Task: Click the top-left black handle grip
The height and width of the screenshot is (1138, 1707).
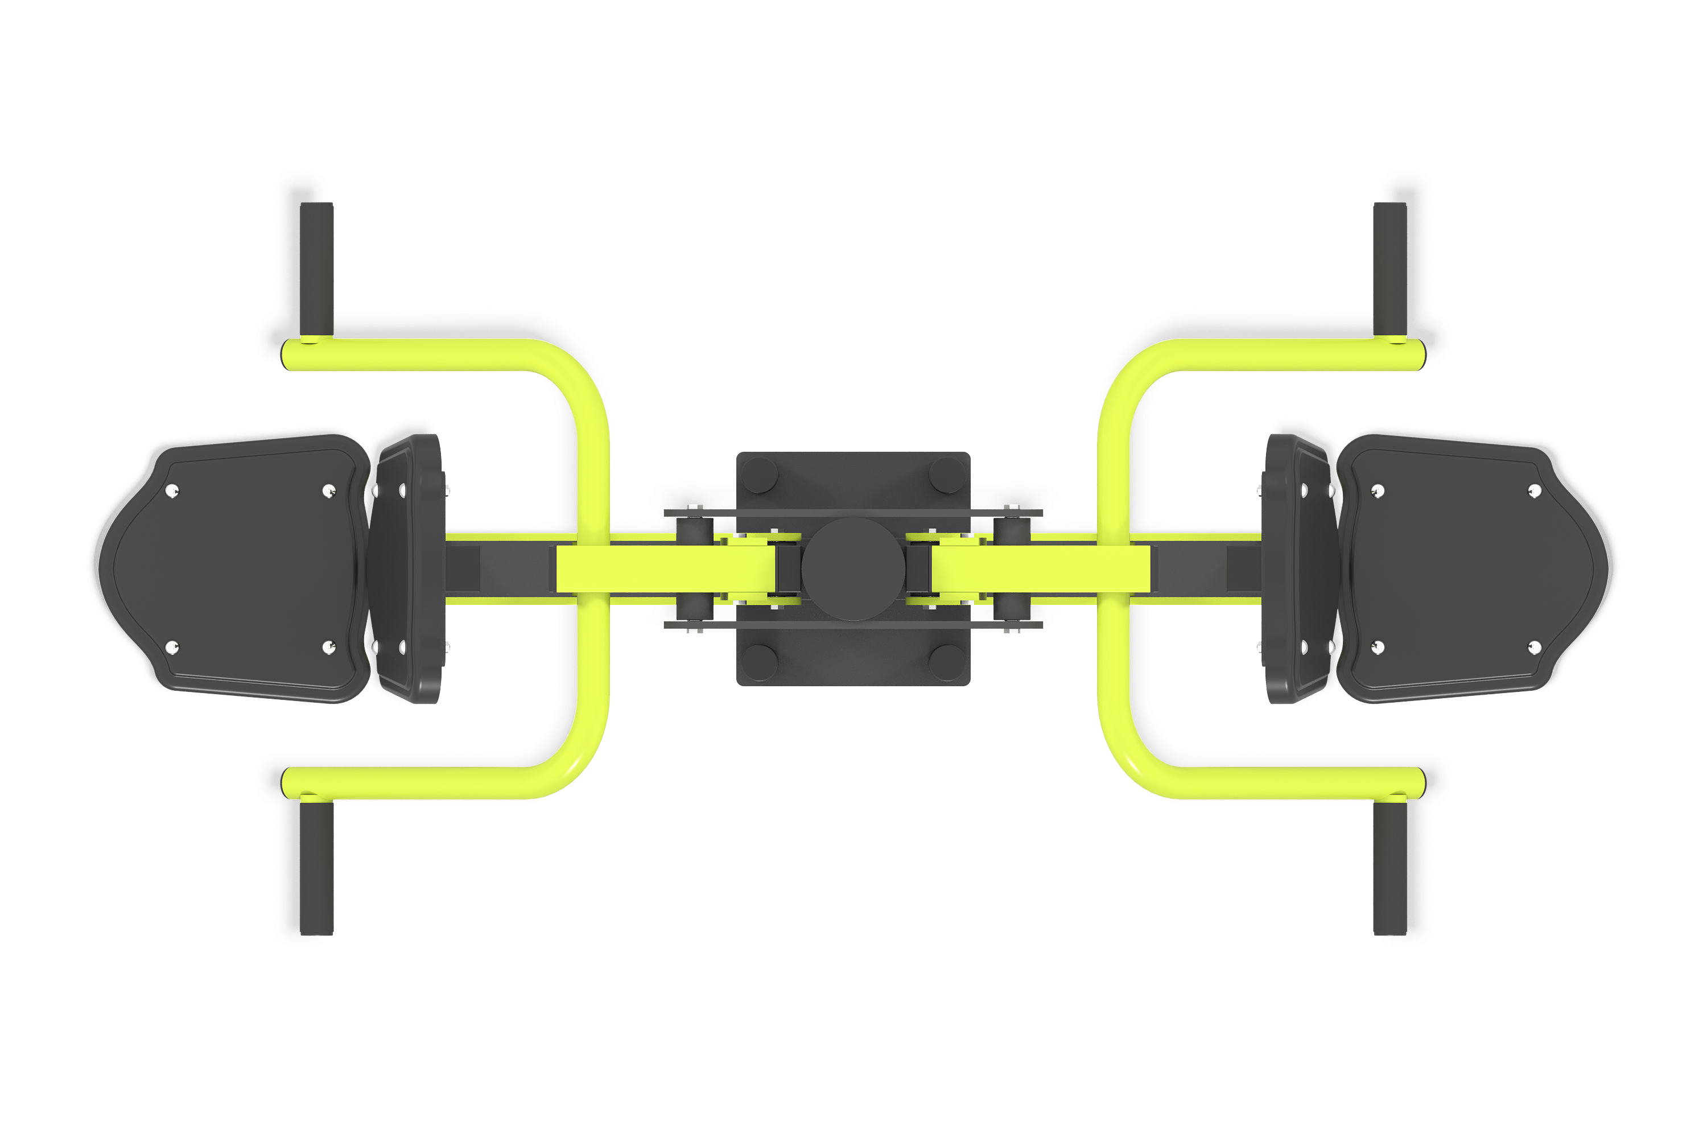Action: [x=316, y=269]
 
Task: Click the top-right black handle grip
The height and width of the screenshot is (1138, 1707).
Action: [x=1390, y=269]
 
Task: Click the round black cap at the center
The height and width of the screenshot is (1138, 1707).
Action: [x=853, y=569]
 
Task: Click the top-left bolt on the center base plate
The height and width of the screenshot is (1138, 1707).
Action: [x=759, y=475]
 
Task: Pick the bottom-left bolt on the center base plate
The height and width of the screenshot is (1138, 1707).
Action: [x=759, y=662]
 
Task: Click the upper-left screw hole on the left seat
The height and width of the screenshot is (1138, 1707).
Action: [x=172, y=492]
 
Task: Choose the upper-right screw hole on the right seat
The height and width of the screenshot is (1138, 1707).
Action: [x=1534, y=492]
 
